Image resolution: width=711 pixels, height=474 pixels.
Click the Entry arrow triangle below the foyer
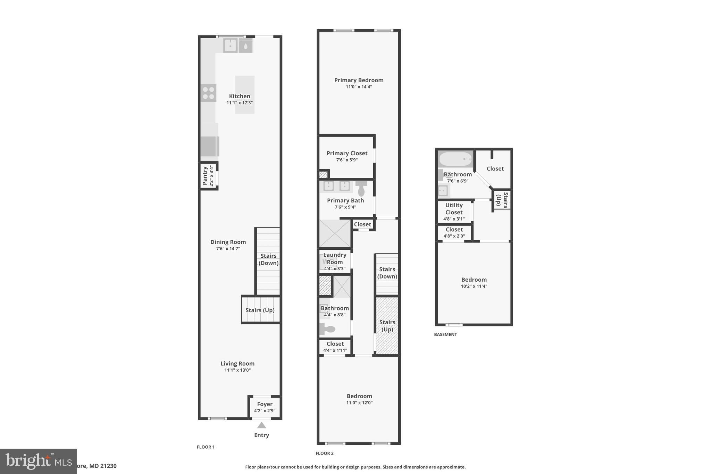pos(261,425)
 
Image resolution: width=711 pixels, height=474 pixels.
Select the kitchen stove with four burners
pos(208,93)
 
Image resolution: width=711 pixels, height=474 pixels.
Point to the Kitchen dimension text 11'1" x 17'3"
pos(240,103)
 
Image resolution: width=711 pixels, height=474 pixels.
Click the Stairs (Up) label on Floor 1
pos(260,310)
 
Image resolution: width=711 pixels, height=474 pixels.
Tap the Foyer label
pos(265,404)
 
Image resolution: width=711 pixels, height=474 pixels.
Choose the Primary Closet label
pos(346,153)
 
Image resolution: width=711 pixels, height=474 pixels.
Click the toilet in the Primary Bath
pos(361,188)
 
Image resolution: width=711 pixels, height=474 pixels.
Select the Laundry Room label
pos(335,258)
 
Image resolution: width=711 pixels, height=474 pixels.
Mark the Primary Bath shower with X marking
pos(335,233)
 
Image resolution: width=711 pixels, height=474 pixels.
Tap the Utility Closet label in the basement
pos(454,209)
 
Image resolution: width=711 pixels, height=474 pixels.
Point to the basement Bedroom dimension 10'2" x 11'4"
pos(474,286)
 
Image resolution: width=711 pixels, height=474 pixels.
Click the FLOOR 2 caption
pos(324,453)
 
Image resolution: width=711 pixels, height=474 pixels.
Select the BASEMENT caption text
pos(445,334)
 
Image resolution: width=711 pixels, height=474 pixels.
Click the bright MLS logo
pos(38,461)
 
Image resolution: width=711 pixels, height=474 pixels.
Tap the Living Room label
pos(237,364)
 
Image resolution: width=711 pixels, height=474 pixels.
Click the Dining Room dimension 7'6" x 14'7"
pos(228,249)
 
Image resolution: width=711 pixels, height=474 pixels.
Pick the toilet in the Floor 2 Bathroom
pos(328,329)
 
